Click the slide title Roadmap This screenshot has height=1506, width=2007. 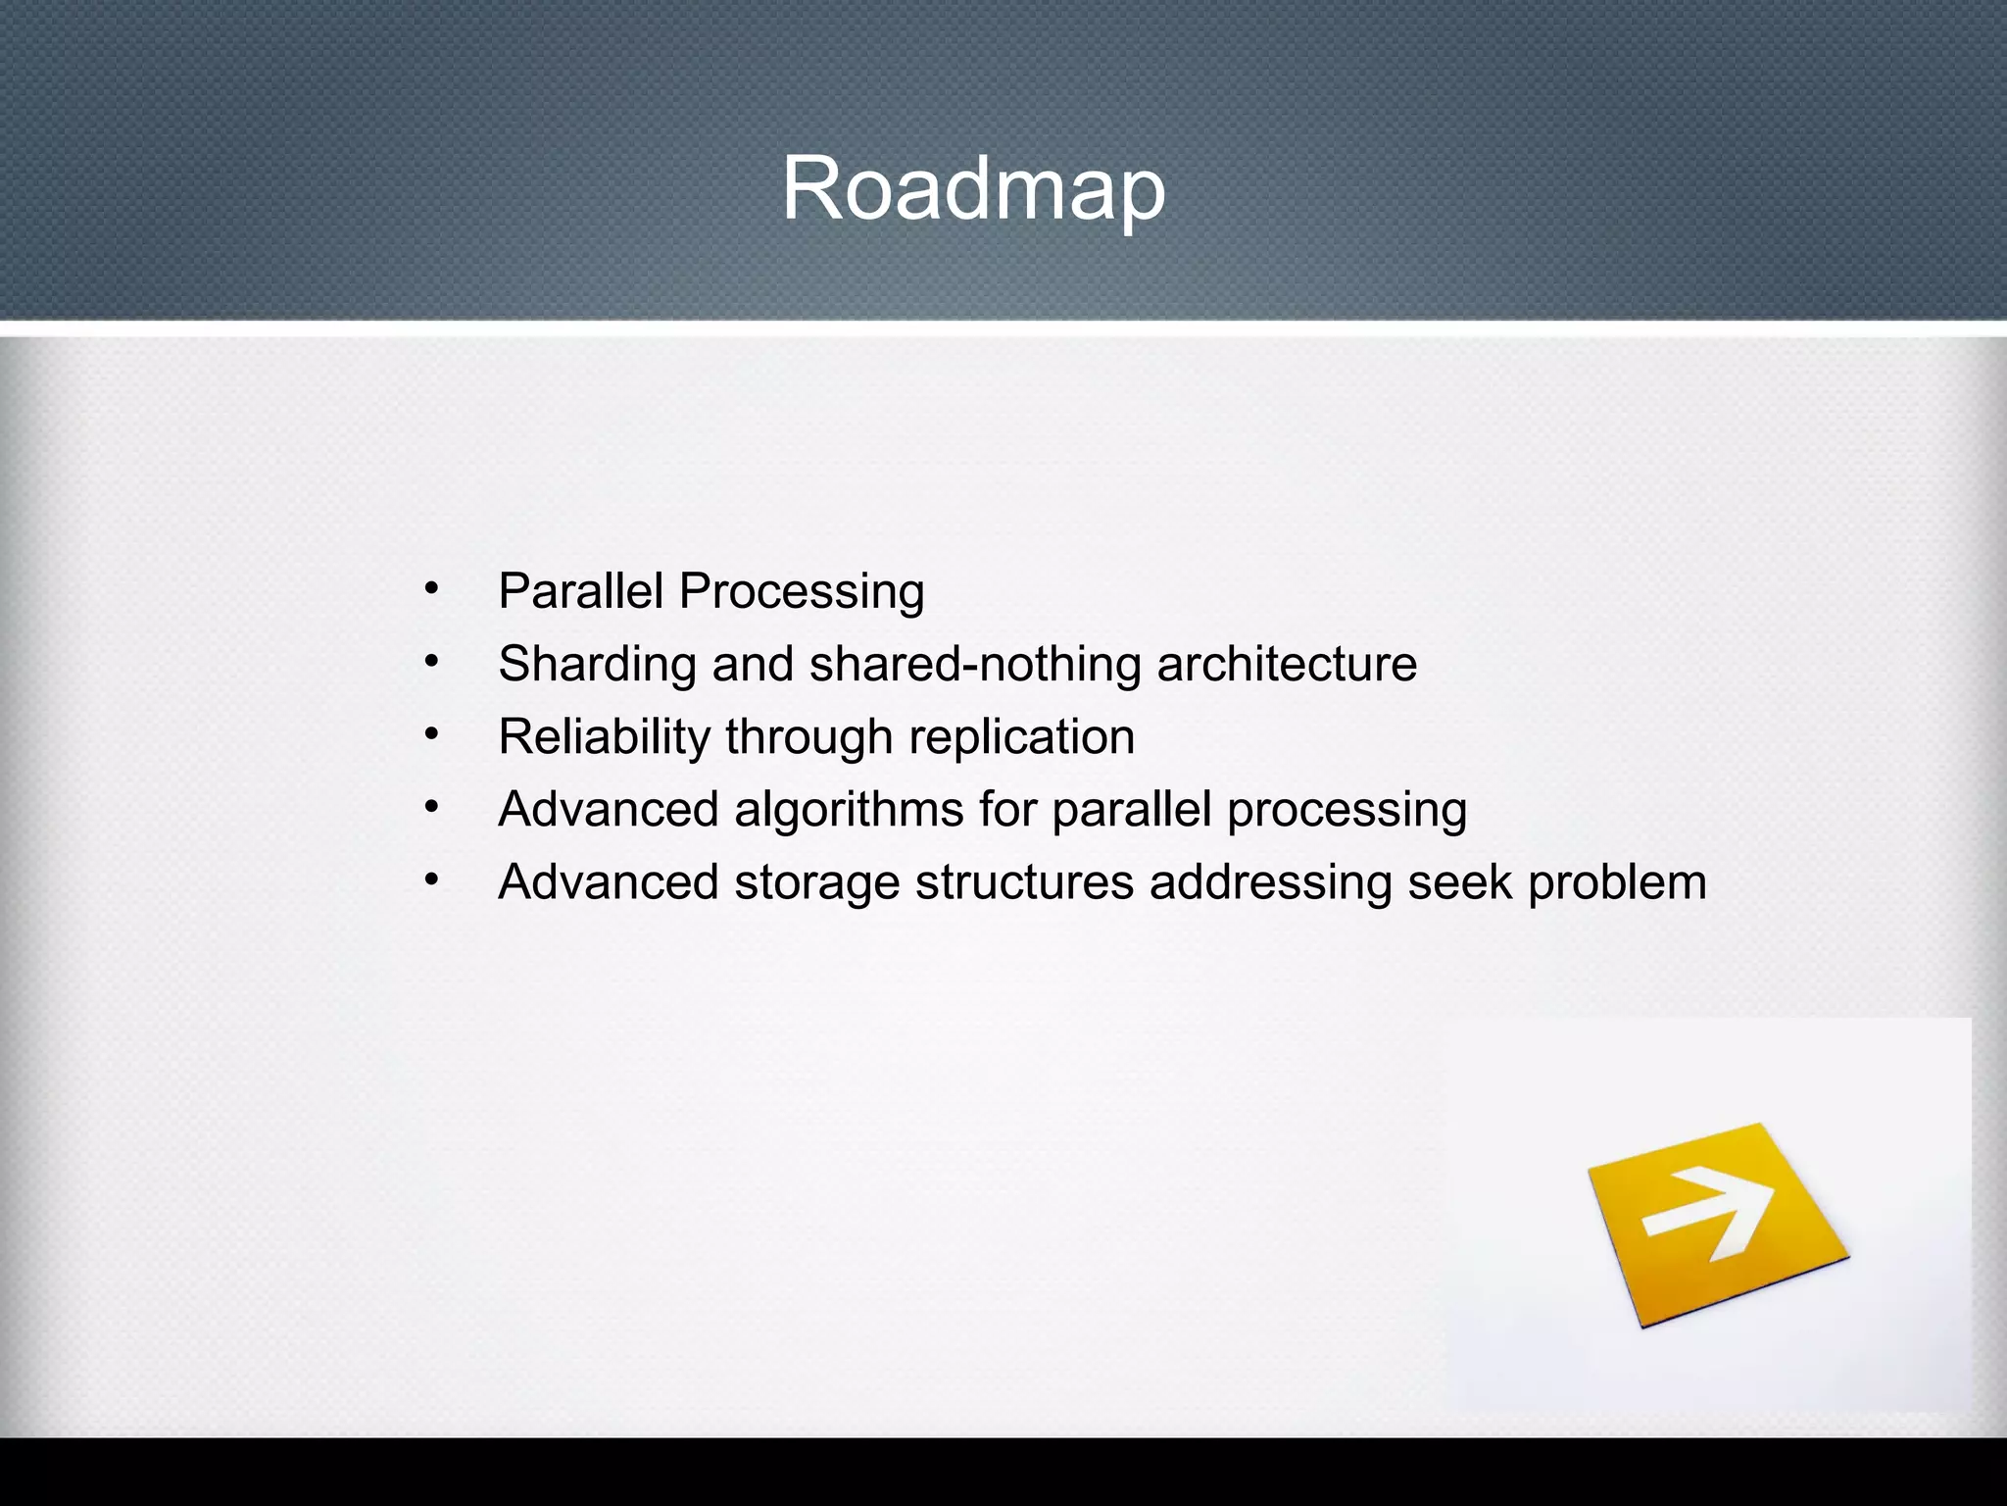[x=972, y=188]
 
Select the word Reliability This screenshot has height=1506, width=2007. [x=604, y=737]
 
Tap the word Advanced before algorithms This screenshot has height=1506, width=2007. [x=609, y=810]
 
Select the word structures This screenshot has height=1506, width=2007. [x=1024, y=882]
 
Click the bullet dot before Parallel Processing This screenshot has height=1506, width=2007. [x=431, y=590]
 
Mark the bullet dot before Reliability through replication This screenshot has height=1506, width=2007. [x=431, y=735]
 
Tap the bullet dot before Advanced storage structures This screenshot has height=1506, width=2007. [x=431, y=880]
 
